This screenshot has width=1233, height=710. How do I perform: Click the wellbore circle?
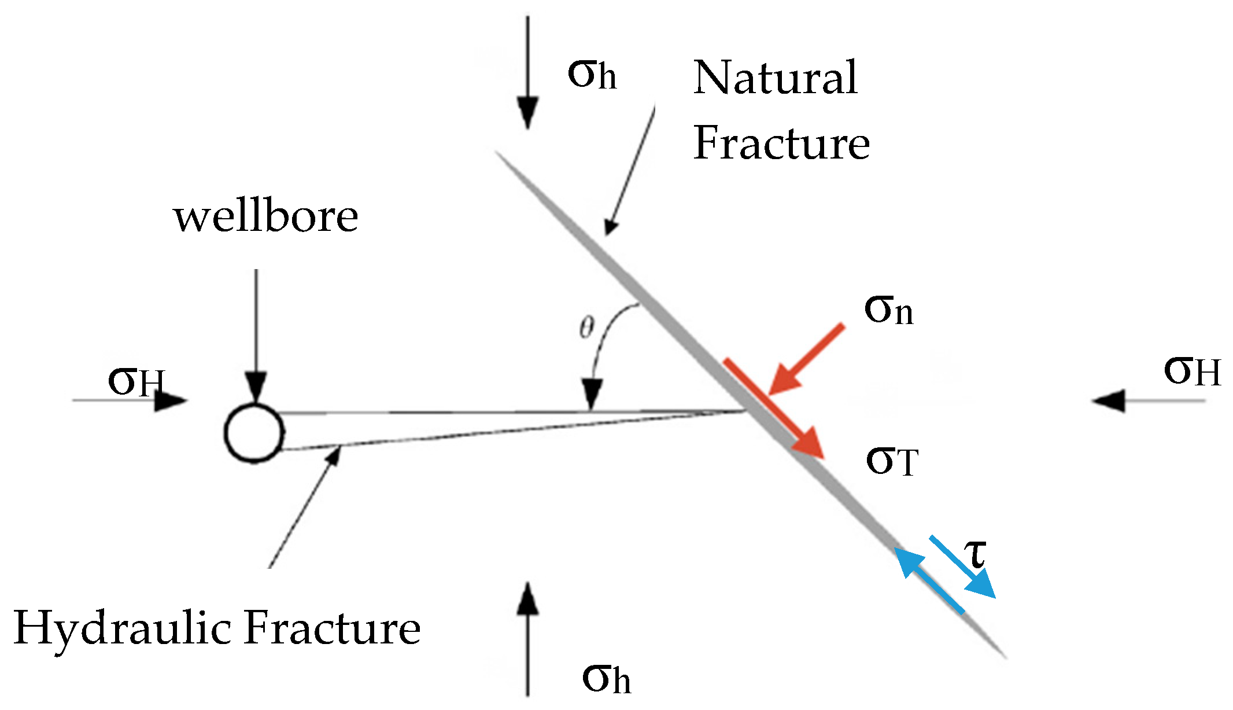pos(254,433)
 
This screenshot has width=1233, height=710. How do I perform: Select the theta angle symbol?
pos(586,328)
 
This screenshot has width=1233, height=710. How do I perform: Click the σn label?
pos(888,310)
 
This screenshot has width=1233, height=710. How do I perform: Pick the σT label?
pos(892,462)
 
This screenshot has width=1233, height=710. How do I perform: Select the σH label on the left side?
pos(136,382)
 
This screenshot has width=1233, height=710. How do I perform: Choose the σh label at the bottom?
pos(606,678)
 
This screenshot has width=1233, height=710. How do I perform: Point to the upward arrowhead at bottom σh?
pos(527,598)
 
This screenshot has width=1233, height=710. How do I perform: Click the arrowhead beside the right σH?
pos(1109,400)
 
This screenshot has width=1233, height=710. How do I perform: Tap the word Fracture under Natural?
pos(781,144)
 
